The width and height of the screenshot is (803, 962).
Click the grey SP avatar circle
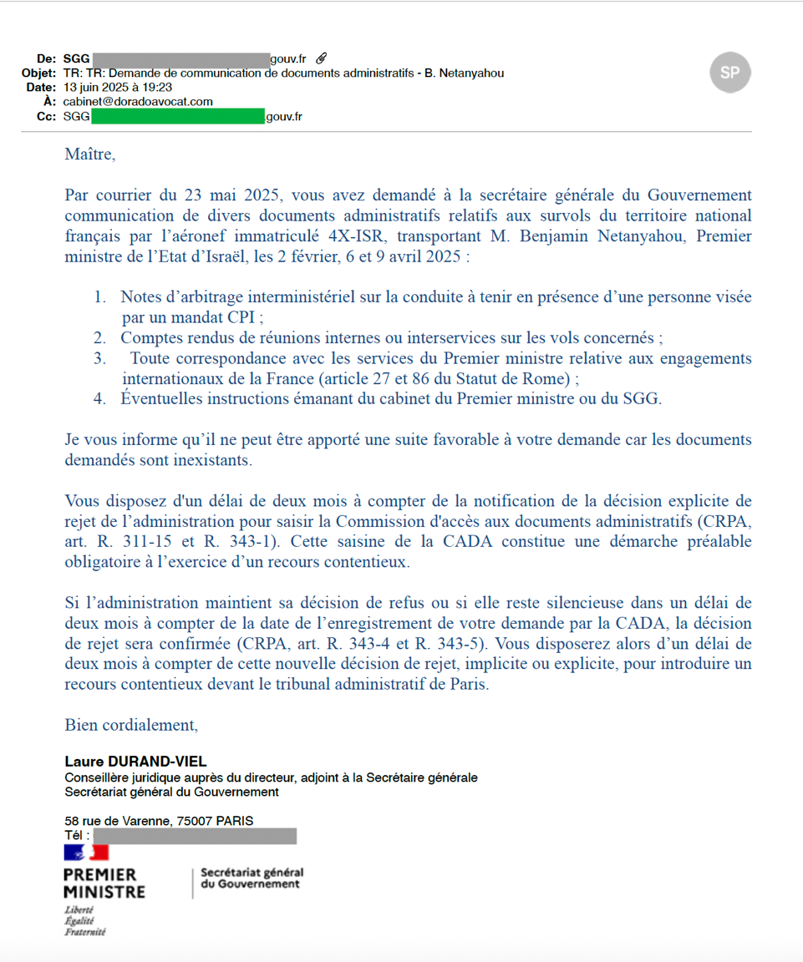(729, 73)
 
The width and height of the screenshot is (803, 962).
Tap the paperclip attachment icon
(321, 58)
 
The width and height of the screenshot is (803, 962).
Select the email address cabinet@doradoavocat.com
(138, 101)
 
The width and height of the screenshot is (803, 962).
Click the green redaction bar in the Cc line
(177, 116)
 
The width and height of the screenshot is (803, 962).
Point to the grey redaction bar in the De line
(180, 58)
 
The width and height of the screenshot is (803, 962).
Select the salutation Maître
(89, 154)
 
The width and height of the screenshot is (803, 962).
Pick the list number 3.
(99, 358)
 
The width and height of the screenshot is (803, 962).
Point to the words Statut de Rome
(516, 378)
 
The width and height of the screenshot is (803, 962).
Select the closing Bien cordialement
(131, 725)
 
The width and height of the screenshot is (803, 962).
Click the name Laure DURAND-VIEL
(135, 762)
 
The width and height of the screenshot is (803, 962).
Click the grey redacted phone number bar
(195, 836)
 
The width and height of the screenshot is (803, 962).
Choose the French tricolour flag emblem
(86, 853)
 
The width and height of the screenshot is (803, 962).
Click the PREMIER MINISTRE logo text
(104, 883)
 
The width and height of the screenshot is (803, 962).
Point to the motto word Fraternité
(85, 932)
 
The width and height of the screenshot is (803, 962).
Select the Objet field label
(38, 73)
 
